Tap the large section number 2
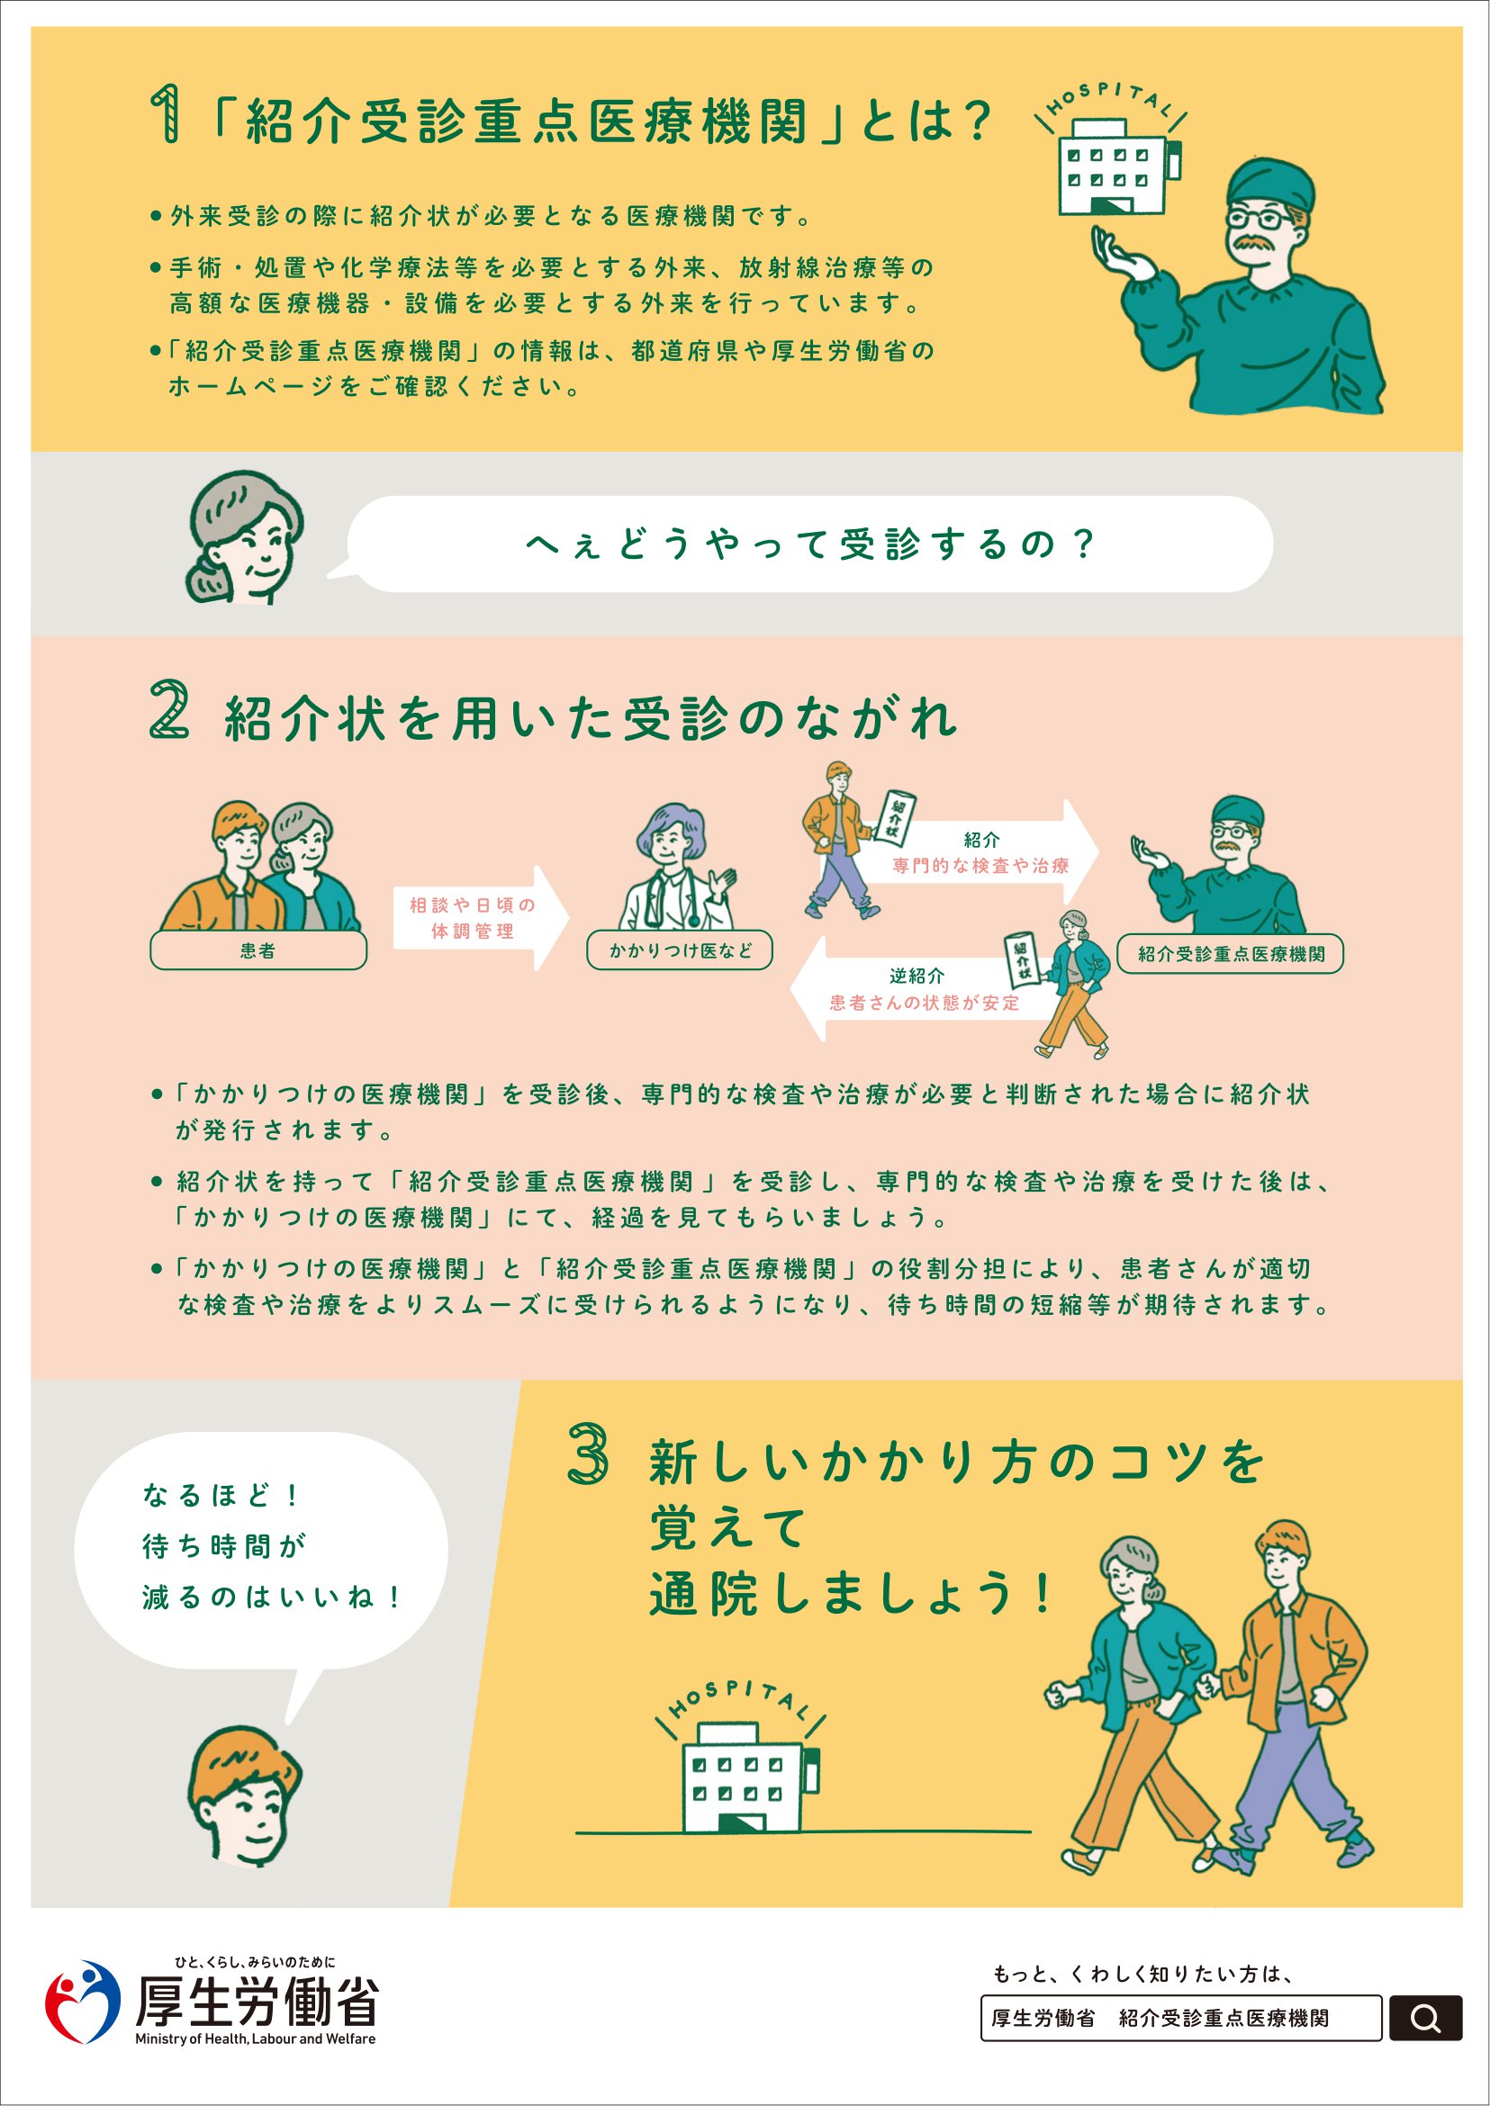[170, 709]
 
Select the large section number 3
[587, 1453]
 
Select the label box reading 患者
[257, 951]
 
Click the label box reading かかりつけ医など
[679, 951]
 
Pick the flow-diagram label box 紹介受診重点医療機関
[1231, 954]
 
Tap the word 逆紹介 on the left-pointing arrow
[916, 976]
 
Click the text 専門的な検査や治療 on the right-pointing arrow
[980, 865]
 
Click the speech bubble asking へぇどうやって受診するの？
[808, 544]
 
